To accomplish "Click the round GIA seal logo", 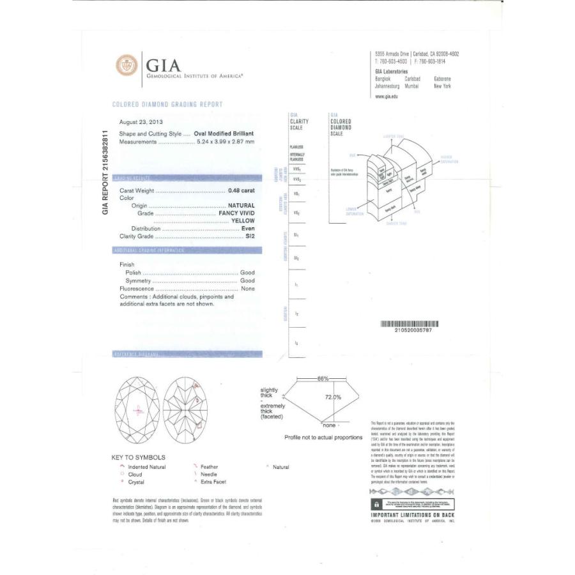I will coord(126,65).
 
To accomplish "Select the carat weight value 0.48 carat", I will coord(241,190).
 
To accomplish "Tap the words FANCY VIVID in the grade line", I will coord(236,213).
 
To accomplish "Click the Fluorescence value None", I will coord(247,289).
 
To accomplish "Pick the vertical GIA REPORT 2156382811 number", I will coord(106,172).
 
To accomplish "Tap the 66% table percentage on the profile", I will coord(323,379).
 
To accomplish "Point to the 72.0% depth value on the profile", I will coord(333,397).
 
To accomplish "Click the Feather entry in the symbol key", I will coord(209,467).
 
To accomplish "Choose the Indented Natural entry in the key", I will coord(147,467).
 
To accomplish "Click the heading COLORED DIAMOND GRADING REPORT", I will coord(167,104).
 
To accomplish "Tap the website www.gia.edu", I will coord(387,96).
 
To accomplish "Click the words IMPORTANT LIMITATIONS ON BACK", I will coord(412,514).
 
